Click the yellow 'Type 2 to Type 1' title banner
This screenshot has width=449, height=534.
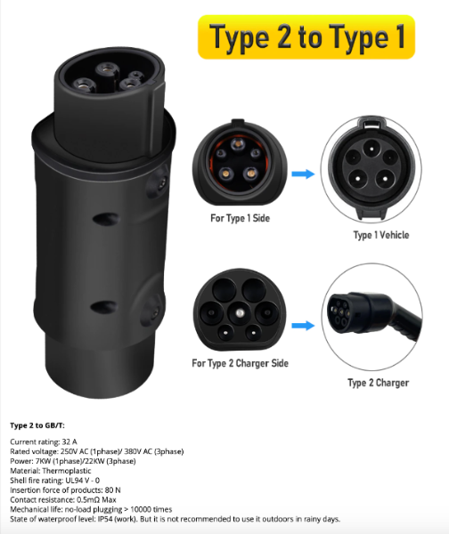[x=306, y=37]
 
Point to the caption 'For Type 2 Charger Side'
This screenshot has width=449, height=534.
[x=240, y=363]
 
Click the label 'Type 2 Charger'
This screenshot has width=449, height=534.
[x=378, y=383]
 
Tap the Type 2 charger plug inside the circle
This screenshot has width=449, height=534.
[x=374, y=320]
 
